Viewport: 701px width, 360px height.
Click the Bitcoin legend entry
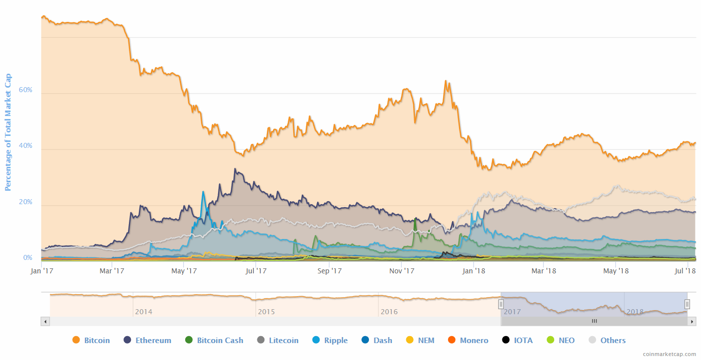tap(91, 341)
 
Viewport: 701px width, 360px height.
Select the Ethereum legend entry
tap(147, 341)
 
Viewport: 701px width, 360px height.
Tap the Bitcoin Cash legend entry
tap(214, 341)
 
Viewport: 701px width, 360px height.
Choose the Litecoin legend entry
tap(278, 341)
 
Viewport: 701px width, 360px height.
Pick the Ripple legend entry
tap(330, 341)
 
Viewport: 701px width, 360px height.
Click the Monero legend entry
tap(467, 341)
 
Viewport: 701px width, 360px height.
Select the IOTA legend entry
tap(517, 341)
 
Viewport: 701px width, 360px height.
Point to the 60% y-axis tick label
tap(25, 90)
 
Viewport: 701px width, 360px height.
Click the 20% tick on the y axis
tap(25, 202)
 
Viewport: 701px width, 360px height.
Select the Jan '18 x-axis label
tap(473, 271)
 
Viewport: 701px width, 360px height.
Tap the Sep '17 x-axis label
tap(330, 271)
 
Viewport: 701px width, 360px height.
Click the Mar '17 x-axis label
tap(112, 271)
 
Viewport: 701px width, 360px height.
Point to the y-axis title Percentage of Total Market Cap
tap(8, 132)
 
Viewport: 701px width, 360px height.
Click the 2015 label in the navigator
tap(266, 312)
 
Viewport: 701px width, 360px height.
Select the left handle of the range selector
tap(501, 304)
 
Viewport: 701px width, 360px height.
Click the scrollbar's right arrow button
tap(692, 322)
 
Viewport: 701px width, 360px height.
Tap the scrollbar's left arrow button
tap(45, 322)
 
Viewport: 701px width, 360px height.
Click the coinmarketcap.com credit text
tap(669, 354)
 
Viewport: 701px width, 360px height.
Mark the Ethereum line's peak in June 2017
tap(235, 169)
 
